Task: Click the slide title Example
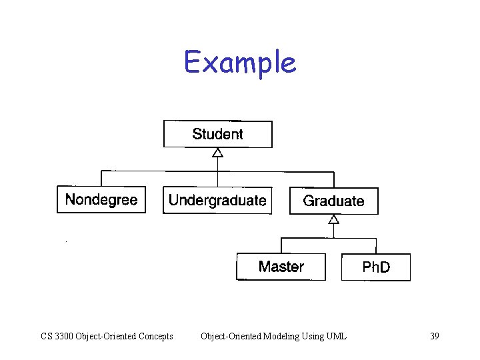[240, 63]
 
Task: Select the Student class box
[218, 134]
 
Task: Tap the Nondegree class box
[101, 199]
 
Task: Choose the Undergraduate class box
[217, 200]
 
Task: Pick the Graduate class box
[333, 201]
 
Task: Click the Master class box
[281, 267]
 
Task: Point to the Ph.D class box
[376, 267]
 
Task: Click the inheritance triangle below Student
[217, 153]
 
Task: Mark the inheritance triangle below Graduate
[334, 219]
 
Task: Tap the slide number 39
[434, 336]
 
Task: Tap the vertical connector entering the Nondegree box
[101, 178]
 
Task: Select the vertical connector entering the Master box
[281, 245]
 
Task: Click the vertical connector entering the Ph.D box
[376, 245]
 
